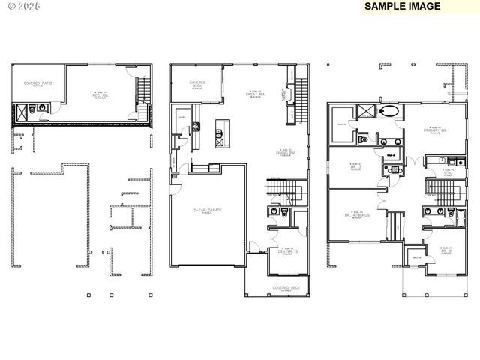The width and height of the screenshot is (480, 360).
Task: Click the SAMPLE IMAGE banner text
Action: [402, 6]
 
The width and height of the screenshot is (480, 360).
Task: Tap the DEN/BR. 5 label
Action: [286, 250]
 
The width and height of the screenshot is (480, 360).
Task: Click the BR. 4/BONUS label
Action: [358, 214]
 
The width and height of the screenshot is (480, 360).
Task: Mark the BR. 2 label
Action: [445, 250]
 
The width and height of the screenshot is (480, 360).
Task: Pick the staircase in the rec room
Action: [142, 99]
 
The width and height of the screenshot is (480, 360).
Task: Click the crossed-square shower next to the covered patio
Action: [26, 113]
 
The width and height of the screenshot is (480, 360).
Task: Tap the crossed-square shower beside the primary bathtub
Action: [367, 112]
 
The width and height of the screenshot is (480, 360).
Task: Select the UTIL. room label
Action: [448, 173]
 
